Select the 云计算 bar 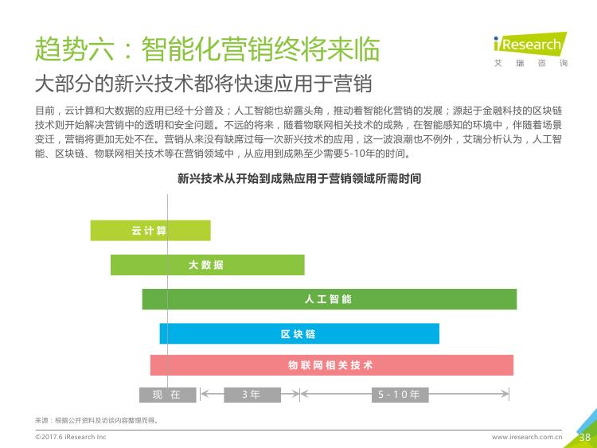click(x=150, y=230)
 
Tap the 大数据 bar click(x=208, y=264)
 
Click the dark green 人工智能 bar click(x=330, y=299)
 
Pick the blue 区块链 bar click(x=299, y=333)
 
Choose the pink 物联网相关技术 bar click(x=332, y=365)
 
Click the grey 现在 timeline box click(x=167, y=395)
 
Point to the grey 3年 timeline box click(x=252, y=395)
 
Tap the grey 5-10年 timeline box click(x=400, y=395)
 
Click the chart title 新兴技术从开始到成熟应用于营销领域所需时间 click(x=298, y=178)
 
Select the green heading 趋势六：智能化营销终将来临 click(x=207, y=49)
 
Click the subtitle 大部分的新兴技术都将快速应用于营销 click(x=203, y=84)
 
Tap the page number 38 click(x=585, y=437)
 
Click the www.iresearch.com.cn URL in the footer click(x=527, y=437)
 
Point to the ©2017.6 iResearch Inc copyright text click(x=70, y=437)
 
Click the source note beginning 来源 click(x=96, y=420)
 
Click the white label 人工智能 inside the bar click(x=328, y=299)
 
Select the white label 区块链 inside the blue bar click(x=298, y=333)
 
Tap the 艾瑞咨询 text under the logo click(x=531, y=63)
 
